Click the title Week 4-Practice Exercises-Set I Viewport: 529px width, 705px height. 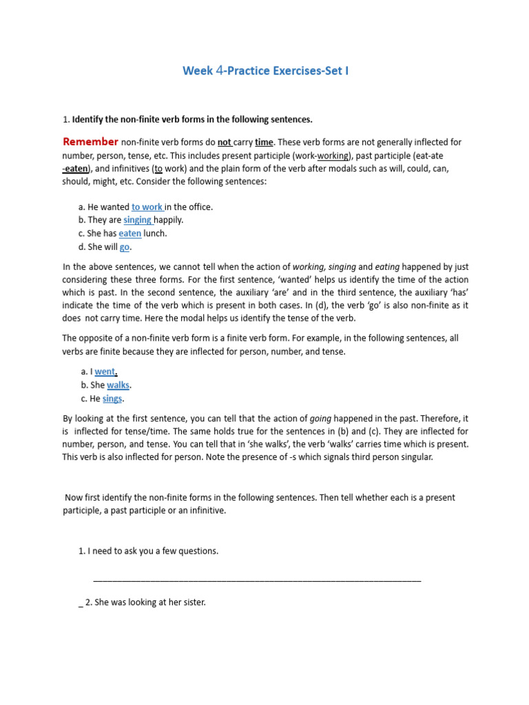pyautogui.click(x=265, y=71)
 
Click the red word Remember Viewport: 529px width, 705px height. pyautogui.click(x=90, y=142)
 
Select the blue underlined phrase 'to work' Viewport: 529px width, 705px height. pyautogui.click(x=147, y=207)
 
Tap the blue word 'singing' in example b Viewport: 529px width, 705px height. pyautogui.click(x=138, y=220)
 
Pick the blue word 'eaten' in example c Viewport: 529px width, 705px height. pyautogui.click(x=130, y=233)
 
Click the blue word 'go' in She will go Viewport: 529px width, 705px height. pyautogui.click(x=125, y=247)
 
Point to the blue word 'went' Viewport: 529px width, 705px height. pyautogui.click(x=105, y=372)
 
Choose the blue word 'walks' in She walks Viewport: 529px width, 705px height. pyautogui.click(x=118, y=386)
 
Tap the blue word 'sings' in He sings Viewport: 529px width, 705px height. pyautogui.click(x=113, y=399)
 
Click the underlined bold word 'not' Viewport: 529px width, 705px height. pyautogui.click(x=225, y=143)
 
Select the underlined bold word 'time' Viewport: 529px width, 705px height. pyautogui.click(x=264, y=143)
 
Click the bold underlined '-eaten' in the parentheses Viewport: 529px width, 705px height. pyautogui.click(x=76, y=169)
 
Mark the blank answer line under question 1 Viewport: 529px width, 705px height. pyautogui.click(x=256, y=580)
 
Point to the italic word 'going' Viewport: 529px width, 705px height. pyautogui.click(x=321, y=419)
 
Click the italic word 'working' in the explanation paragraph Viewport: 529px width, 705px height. pyautogui.click(x=309, y=267)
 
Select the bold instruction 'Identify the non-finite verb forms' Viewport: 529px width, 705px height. pyautogui.click(x=192, y=120)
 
